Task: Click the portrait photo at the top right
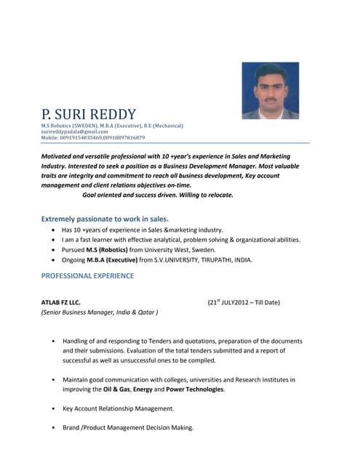tap(270, 90)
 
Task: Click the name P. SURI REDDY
tap(89, 114)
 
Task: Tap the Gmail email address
tap(74, 132)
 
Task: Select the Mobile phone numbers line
tap(92, 137)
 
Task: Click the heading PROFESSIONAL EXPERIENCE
tap(87, 276)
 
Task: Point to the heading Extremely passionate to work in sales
tap(105, 218)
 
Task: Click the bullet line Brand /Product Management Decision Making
tap(128, 427)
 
